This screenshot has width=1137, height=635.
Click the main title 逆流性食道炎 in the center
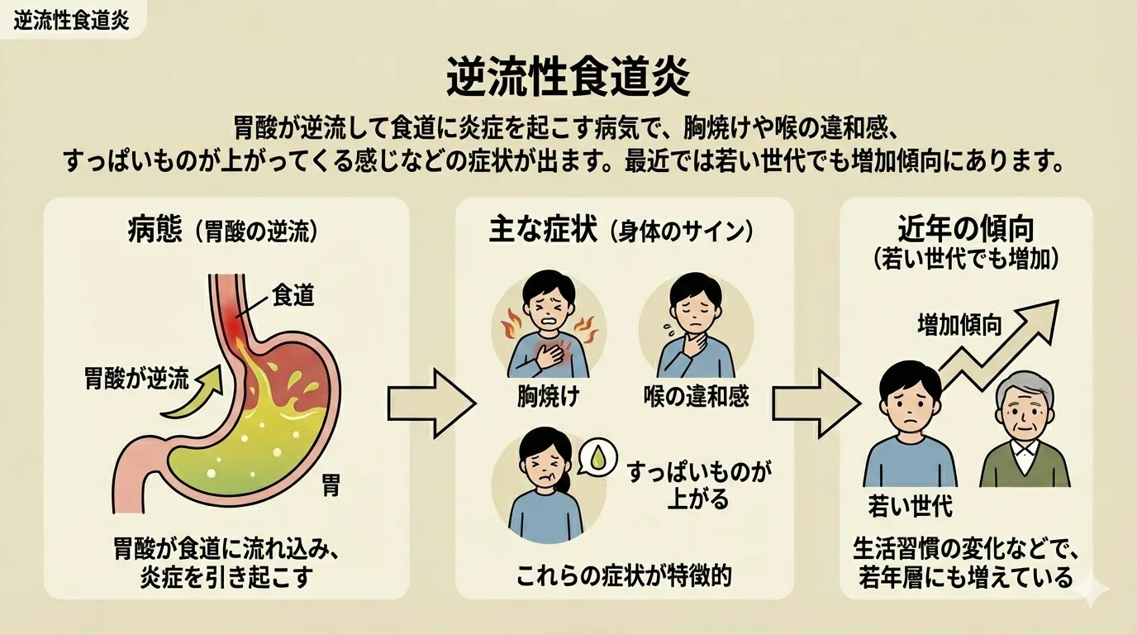tap(568, 79)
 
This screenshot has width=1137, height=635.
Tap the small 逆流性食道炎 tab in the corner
tap(72, 20)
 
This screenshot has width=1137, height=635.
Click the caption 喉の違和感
tap(696, 397)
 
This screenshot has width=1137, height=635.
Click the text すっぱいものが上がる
tap(698, 485)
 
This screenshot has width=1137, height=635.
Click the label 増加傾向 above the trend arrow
tap(959, 325)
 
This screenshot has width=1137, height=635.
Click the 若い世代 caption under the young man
tap(910, 504)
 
